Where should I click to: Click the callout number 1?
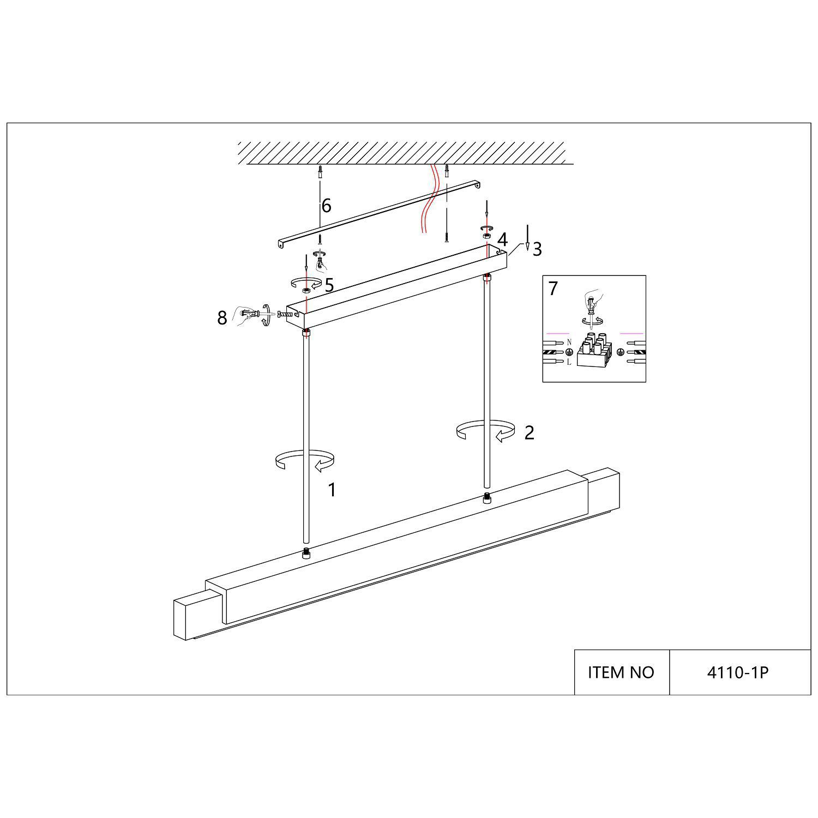click(x=332, y=490)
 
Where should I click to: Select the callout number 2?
click(x=529, y=432)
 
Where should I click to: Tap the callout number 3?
click(x=537, y=249)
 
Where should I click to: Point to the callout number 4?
click(x=502, y=239)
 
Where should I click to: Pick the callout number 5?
click(x=329, y=285)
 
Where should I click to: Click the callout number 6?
click(x=326, y=206)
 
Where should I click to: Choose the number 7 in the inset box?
click(x=553, y=288)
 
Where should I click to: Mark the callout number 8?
click(x=222, y=318)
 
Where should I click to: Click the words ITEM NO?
click(x=621, y=672)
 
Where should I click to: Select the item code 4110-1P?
click(x=737, y=672)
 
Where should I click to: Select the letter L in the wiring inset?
click(x=569, y=362)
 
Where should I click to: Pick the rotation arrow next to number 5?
click(x=306, y=282)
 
